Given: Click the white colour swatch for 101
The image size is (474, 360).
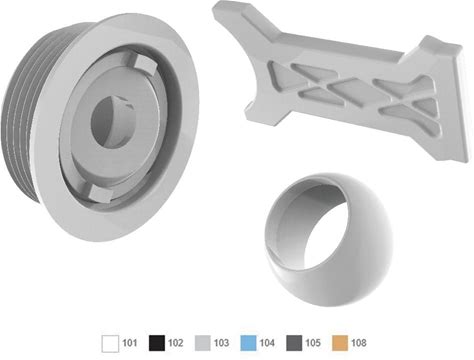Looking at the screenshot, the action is pos(110,343).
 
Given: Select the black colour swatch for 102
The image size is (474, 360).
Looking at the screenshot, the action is pos(157,343).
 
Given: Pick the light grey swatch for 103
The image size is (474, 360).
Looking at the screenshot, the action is pos(203,343).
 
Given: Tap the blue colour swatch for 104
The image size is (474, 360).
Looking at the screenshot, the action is pos(248,343).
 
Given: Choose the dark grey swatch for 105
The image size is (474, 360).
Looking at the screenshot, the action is pos(294,343).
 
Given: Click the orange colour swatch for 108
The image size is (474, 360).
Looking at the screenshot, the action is pos(340,343).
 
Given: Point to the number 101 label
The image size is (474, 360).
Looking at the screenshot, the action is pos(130,343).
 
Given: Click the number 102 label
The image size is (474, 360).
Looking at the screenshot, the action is pos(176,343).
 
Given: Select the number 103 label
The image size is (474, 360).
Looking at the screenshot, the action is pos(222,343).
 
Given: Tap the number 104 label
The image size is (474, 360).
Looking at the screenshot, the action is pos(267,343).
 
